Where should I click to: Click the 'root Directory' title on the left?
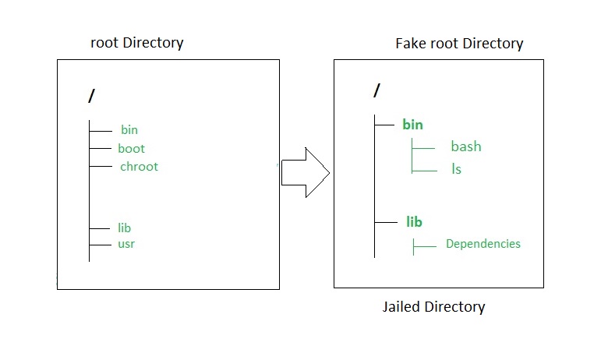click(x=136, y=43)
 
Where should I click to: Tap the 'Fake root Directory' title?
click(x=459, y=44)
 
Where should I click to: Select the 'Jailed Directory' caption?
click(x=433, y=306)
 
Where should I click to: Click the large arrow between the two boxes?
click(x=305, y=171)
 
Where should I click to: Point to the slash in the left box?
click(x=92, y=97)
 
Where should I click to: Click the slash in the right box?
click(x=377, y=90)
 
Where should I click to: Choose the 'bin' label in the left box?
click(x=129, y=130)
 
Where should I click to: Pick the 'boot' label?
click(x=131, y=148)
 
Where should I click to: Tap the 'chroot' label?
click(x=139, y=166)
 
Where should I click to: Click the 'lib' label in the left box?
click(x=124, y=228)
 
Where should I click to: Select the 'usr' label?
click(x=126, y=244)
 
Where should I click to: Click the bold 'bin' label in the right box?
click(x=412, y=125)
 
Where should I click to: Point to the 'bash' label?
click(x=465, y=146)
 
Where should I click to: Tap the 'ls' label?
click(x=456, y=168)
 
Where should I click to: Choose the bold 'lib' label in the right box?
click(x=414, y=222)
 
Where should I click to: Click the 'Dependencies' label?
click(x=483, y=244)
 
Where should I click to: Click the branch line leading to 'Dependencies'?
click(x=425, y=246)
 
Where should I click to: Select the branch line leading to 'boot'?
click(x=101, y=148)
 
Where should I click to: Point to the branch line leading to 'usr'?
click(x=101, y=245)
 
